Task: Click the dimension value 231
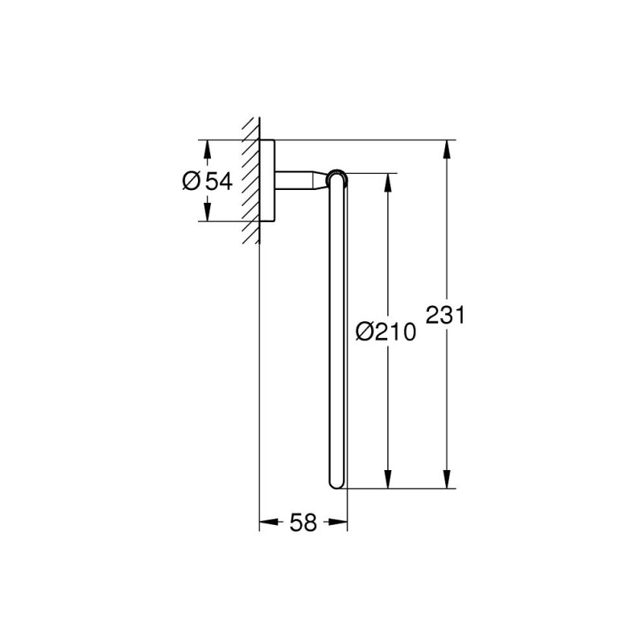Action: click(445, 315)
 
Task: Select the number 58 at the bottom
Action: click(303, 523)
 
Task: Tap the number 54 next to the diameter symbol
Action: click(217, 182)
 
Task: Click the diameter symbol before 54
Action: click(191, 182)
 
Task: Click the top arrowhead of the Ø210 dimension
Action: click(388, 181)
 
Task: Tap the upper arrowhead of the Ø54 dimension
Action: click(207, 149)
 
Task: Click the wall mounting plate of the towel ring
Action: click(268, 181)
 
